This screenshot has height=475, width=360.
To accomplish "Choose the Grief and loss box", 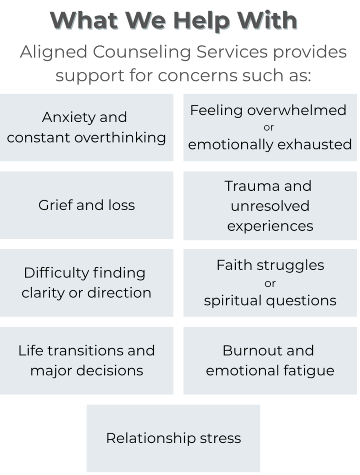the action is tap(86, 205).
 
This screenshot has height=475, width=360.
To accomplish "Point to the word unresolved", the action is tap(270, 206).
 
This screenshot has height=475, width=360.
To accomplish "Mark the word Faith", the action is tap(232, 265).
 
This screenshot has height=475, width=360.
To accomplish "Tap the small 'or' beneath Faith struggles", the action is tap(270, 283).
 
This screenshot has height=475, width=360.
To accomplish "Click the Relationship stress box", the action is tap(173, 438).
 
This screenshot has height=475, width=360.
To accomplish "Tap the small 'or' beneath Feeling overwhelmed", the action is tap(268, 128).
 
